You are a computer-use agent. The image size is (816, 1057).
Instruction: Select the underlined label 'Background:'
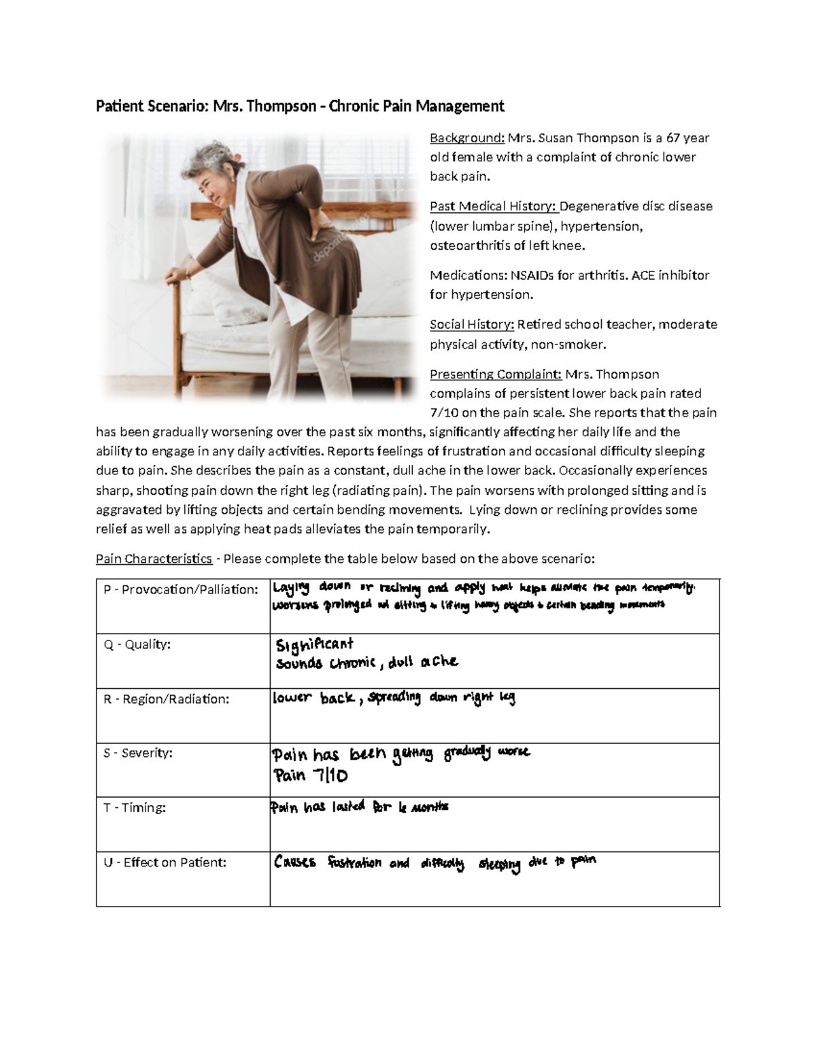(x=466, y=138)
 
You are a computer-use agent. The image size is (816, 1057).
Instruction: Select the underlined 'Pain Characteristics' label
(x=154, y=559)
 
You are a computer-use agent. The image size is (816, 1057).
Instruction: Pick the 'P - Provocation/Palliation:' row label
(x=181, y=589)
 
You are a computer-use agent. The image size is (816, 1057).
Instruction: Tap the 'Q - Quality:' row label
(x=137, y=644)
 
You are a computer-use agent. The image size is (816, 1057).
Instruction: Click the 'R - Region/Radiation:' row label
(x=166, y=698)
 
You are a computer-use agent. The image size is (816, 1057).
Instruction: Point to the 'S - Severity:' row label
(x=138, y=753)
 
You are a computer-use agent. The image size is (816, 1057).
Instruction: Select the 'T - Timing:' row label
(x=135, y=807)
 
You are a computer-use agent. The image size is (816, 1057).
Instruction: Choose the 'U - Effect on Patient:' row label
(x=165, y=862)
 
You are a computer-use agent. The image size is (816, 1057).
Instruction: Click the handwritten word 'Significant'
(x=315, y=645)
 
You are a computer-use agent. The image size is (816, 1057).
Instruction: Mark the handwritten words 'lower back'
(x=313, y=698)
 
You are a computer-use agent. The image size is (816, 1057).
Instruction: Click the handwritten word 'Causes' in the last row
(x=294, y=862)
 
